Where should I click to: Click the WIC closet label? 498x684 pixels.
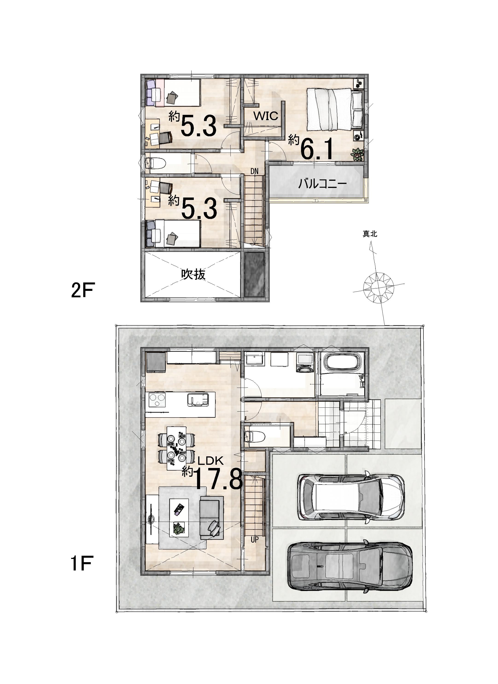(x=266, y=116)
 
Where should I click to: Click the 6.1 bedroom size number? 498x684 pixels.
(x=317, y=149)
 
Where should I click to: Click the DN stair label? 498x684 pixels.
(x=254, y=171)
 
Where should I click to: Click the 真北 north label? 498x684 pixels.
(x=370, y=234)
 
